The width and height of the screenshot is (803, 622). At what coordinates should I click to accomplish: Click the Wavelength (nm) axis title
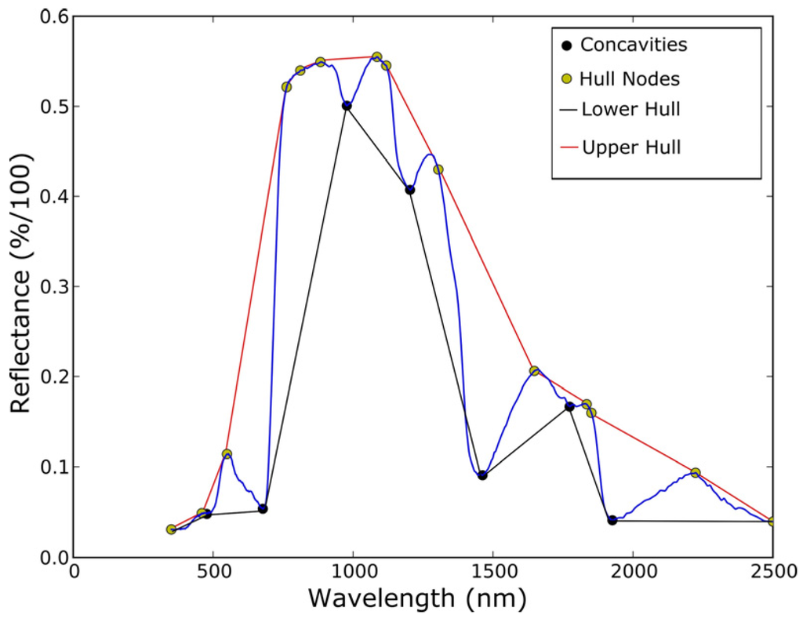click(416, 599)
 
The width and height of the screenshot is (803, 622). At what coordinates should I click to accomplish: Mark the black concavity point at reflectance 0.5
click(347, 105)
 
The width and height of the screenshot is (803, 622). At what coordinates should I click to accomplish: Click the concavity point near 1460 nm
click(482, 475)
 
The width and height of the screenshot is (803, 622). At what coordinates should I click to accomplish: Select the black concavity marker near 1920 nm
click(612, 520)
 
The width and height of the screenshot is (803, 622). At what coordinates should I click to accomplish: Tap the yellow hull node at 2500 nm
click(772, 521)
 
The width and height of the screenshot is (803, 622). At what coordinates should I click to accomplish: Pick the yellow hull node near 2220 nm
click(695, 473)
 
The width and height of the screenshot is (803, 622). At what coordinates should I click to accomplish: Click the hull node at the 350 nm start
click(171, 529)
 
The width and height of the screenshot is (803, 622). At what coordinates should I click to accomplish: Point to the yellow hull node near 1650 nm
click(534, 370)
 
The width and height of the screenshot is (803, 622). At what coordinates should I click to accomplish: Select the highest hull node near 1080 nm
click(376, 57)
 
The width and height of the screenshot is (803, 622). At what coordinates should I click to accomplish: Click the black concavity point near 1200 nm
click(409, 190)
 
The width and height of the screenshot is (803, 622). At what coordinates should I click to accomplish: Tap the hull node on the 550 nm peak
click(227, 454)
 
